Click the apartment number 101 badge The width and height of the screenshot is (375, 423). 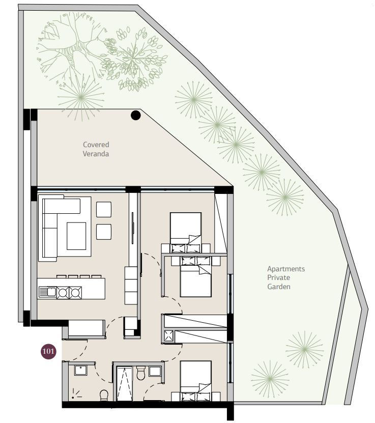[48, 351]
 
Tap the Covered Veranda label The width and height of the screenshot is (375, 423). [96, 149]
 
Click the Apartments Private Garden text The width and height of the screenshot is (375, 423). [286, 277]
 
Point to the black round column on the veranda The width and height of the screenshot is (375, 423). [136, 115]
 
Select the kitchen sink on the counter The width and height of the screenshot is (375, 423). [47, 292]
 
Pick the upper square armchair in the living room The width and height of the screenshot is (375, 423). [104, 209]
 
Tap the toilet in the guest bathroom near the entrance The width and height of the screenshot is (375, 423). [104, 395]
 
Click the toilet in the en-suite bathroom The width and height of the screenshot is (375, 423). [141, 373]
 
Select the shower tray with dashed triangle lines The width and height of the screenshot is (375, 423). [125, 383]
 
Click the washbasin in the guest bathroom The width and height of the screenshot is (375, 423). [81, 371]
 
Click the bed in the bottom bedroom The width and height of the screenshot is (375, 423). [196, 381]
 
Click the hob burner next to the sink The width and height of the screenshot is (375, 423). [63, 293]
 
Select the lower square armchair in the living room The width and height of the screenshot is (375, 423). [104, 232]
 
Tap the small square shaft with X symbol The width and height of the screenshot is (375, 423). [169, 335]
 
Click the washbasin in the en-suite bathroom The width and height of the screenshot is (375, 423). [155, 371]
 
